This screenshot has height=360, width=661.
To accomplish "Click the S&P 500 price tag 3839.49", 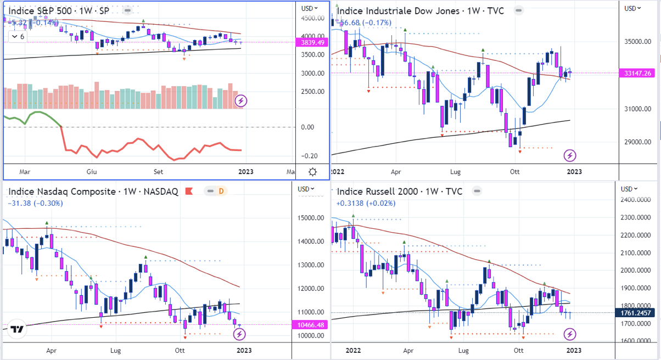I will click(x=310, y=42).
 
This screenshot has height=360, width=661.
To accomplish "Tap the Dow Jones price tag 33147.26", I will click(x=637, y=73).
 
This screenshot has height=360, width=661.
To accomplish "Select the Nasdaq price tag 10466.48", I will click(x=311, y=324).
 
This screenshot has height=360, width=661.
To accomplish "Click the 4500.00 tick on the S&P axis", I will click(x=310, y=18).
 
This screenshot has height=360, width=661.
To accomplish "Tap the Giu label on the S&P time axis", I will click(x=92, y=172).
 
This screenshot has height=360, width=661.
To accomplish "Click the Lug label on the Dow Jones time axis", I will click(x=455, y=172).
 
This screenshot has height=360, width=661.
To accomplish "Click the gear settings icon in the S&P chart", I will click(x=312, y=172).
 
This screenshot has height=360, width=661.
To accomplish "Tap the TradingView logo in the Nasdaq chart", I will click(x=18, y=329).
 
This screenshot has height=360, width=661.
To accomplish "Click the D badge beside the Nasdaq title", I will click(x=221, y=191).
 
